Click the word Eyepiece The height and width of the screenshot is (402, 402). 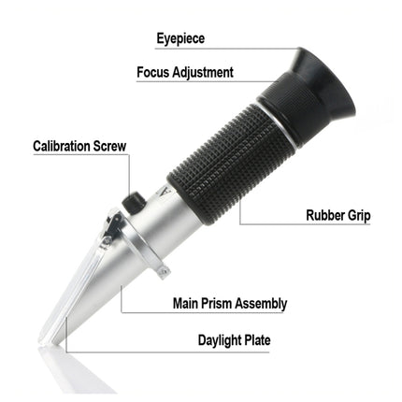(179, 39)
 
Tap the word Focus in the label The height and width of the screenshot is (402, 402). (154, 72)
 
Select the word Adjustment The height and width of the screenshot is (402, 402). (204, 72)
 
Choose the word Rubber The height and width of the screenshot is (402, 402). (326, 215)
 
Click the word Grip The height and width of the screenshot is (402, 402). (361, 215)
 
